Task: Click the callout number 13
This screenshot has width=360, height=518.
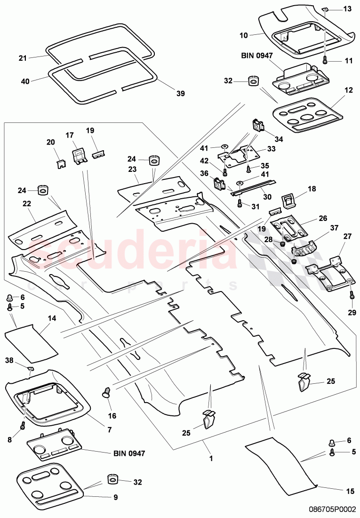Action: tap(347, 9)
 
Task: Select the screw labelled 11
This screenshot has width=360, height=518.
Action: tap(325, 60)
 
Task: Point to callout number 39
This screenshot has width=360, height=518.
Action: tap(180, 94)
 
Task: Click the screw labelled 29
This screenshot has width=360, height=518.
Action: tap(352, 296)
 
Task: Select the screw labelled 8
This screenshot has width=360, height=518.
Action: tap(22, 426)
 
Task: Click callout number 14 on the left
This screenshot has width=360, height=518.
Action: tap(52, 318)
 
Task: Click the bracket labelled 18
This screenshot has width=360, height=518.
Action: tap(289, 200)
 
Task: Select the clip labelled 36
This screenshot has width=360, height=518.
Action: tap(219, 183)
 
